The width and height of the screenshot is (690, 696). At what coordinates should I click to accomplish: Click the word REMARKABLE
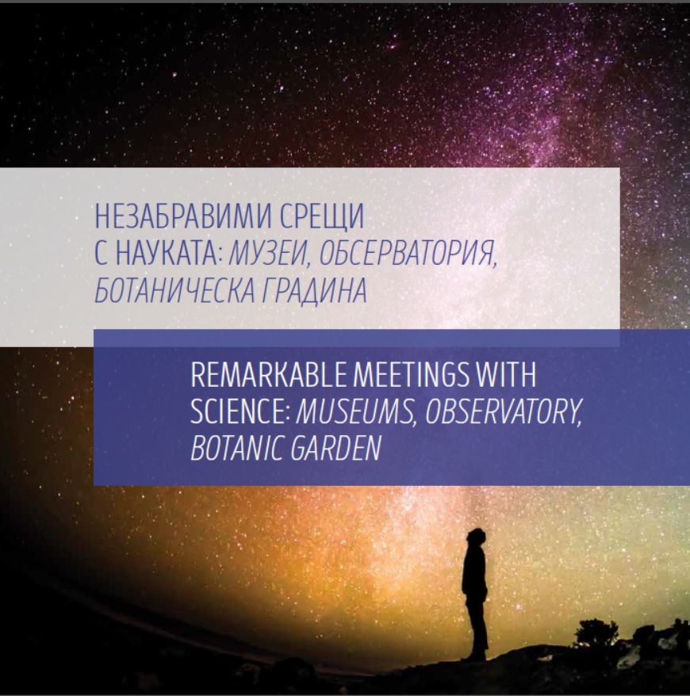(268, 375)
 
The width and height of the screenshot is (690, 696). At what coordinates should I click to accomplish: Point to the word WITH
(506, 375)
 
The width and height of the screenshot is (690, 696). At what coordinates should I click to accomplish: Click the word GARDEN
(335, 449)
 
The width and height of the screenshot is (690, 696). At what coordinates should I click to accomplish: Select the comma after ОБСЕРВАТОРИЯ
(495, 265)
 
